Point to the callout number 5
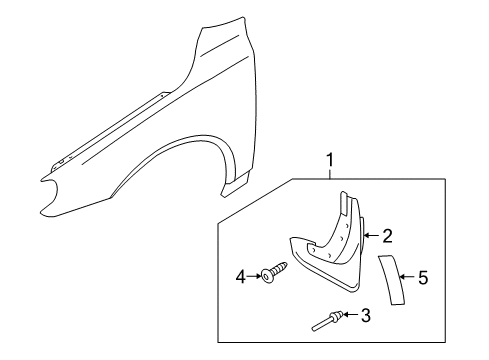pos(423,278)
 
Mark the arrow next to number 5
pos(405,278)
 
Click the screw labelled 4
pos(276,271)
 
